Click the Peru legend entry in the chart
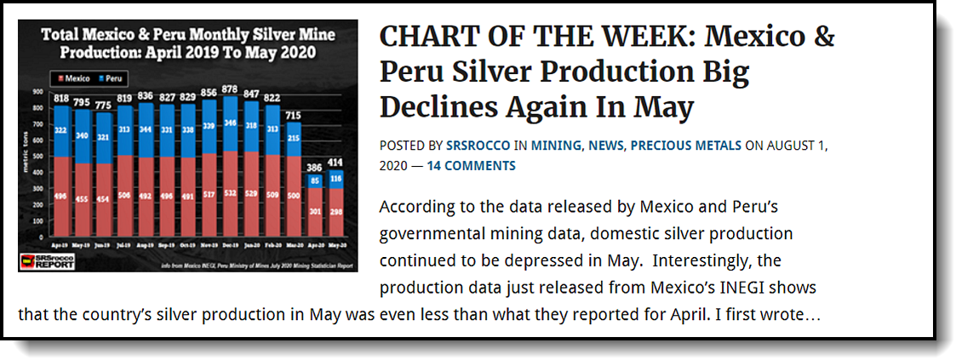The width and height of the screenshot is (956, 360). tap(110, 77)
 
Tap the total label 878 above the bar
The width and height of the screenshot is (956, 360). tap(230, 90)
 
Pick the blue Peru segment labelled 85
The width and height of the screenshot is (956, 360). tap(315, 181)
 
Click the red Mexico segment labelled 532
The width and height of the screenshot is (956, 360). tap(230, 193)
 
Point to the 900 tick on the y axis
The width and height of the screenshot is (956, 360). tap(38, 89)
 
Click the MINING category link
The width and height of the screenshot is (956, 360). tap(556, 146)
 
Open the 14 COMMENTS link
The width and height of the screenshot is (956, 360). tap(471, 165)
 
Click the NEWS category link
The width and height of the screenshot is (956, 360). tap(605, 146)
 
